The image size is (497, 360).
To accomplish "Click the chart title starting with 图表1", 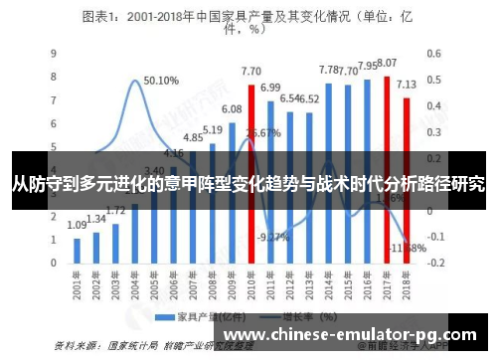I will click(248, 22).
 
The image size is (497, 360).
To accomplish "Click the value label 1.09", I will click(77, 225).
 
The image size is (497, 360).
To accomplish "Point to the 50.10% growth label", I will click(161, 81).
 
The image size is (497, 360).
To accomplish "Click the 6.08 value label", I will click(231, 108).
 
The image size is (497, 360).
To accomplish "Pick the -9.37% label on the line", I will click(272, 237).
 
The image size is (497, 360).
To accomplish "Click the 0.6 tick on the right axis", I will click(435, 54).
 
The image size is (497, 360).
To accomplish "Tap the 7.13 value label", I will click(408, 85).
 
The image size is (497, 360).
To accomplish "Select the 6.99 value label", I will click(271, 88).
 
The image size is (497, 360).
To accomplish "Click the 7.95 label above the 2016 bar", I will click(367, 66).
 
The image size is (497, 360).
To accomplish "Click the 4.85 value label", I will click(192, 137).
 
